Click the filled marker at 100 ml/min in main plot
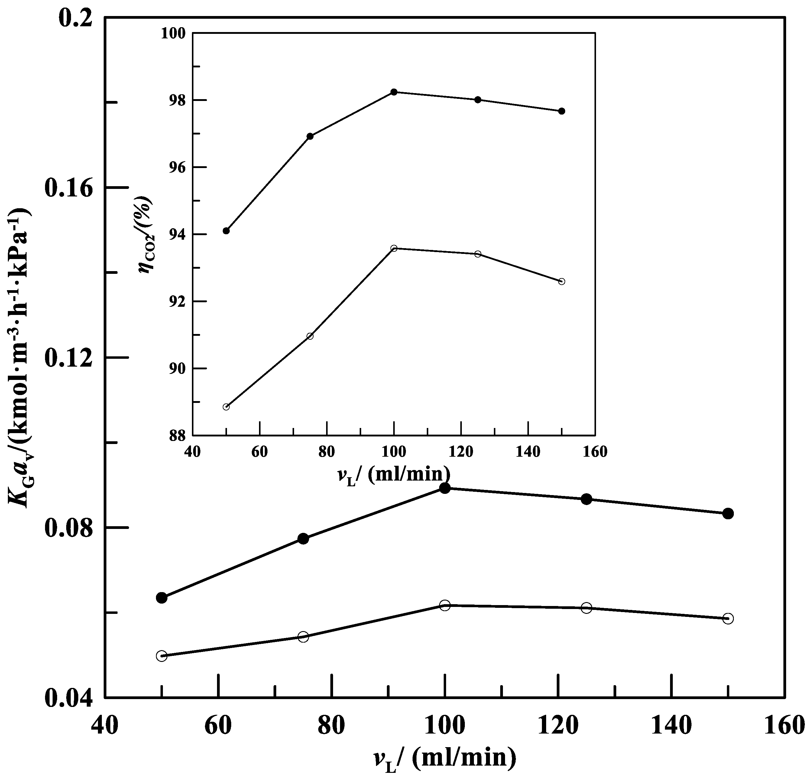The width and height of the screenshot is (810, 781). tap(445, 488)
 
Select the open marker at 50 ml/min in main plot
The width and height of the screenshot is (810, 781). tap(162, 656)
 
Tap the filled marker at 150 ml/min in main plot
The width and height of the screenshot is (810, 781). tap(728, 514)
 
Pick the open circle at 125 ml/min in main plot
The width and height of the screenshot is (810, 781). tap(586, 608)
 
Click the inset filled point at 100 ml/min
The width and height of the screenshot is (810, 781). tap(394, 92)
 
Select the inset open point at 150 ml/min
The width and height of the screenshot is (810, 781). tap(561, 281)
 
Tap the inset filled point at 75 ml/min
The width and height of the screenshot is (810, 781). tap(310, 136)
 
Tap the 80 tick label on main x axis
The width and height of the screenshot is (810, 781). tap(331, 727)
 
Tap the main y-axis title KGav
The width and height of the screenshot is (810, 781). tap(21, 358)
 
